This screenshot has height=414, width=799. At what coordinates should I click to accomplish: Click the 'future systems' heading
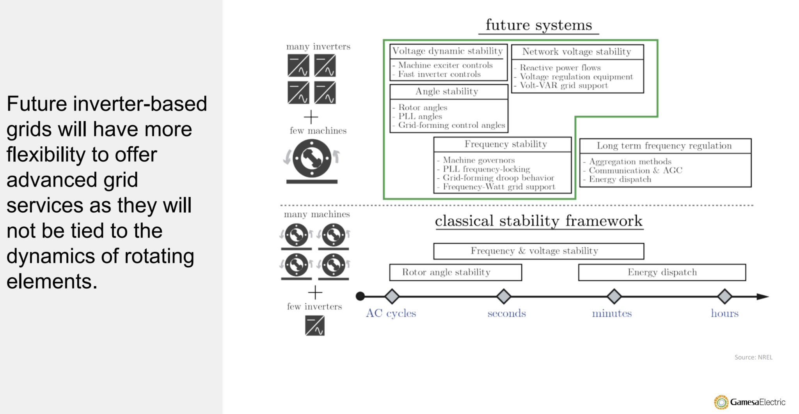[x=538, y=25]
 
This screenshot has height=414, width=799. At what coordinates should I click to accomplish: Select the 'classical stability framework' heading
[x=538, y=221]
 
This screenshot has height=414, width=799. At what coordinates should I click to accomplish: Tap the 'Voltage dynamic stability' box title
[x=447, y=51]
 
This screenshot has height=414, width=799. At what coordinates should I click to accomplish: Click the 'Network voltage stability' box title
[x=577, y=52]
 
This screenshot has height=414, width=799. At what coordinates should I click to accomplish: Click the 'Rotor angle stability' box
[x=455, y=272]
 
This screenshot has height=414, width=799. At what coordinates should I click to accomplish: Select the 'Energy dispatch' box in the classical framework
[x=662, y=272]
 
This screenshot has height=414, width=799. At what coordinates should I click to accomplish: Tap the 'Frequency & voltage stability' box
[x=538, y=251]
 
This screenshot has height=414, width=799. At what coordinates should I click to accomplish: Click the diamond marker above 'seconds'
[x=504, y=297]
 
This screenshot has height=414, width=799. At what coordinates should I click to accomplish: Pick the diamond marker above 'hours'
[x=724, y=297]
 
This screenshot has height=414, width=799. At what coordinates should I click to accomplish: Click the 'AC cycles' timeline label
[x=391, y=313]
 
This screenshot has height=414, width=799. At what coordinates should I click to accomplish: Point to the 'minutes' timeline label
[x=611, y=313]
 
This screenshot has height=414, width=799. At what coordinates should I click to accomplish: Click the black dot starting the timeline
[x=360, y=297]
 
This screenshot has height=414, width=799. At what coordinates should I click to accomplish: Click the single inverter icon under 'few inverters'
[x=315, y=326]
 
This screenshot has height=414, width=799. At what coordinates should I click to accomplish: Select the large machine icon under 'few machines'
[x=312, y=159]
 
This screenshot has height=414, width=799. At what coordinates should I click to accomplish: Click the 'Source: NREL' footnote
[x=753, y=357]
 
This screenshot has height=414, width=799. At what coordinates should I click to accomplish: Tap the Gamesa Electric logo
[x=749, y=402]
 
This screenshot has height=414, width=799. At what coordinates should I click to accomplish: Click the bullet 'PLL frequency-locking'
[x=486, y=169]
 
